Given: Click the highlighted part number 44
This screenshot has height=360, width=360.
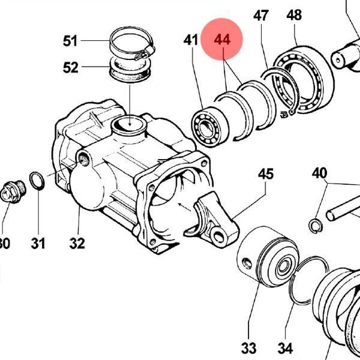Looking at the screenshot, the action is coord(222,40).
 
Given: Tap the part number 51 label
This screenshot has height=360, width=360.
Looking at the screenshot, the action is coord(70,41).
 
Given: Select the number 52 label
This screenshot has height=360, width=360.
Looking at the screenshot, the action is coord(70,68).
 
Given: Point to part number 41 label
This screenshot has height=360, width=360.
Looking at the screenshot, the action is coord(191,40).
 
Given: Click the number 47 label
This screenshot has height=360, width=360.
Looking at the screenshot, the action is coord(261,16).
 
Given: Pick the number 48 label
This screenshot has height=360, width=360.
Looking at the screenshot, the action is coord(294,15).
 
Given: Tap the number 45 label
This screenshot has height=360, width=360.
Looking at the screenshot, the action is coord(266,174).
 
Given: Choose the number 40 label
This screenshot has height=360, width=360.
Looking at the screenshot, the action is coord(319,173).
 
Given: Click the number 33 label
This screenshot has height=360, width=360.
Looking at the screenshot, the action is coord(248,349).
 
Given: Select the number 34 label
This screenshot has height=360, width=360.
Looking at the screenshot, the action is coord(285,349).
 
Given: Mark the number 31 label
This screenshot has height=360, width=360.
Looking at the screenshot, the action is coord(38,244).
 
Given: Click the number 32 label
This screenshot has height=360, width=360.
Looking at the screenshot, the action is coord(77,244).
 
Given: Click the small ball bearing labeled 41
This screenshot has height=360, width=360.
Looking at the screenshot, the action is coord(210,127).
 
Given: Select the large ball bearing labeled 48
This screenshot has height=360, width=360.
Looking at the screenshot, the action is coord(303,80).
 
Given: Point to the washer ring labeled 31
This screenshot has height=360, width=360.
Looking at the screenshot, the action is coord(37,181).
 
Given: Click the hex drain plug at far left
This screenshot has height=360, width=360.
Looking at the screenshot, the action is coord(13,192).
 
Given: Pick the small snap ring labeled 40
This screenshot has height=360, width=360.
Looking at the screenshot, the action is coord(316,226).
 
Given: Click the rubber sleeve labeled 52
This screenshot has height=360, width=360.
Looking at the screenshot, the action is coord(130,70).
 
